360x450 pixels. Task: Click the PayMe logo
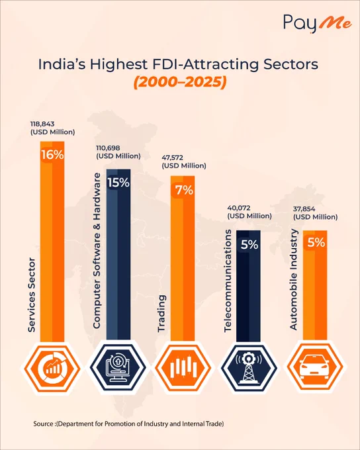click(318, 24)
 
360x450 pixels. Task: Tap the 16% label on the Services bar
click(52, 155)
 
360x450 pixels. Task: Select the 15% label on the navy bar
click(118, 183)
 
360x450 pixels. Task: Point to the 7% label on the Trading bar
click(184, 190)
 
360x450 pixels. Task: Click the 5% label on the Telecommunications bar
click(249, 244)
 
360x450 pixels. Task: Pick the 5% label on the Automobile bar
click(316, 243)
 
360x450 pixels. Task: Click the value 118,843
click(42, 124)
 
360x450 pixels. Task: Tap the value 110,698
click(108, 148)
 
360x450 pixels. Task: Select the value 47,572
click(172, 157)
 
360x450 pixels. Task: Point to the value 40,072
click(238, 208)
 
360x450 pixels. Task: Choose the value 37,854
click(304, 209)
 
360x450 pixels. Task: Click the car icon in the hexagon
click(314, 367)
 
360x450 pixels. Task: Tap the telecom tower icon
click(249, 368)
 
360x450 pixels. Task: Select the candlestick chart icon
click(184, 367)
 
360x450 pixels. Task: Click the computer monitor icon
click(118, 368)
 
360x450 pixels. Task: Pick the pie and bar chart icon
click(52, 367)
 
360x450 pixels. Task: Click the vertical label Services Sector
click(31, 295)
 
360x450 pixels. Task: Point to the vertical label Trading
click(161, 314)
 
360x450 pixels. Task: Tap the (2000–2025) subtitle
click(180, 82)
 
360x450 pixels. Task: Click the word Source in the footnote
click(43, 424)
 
